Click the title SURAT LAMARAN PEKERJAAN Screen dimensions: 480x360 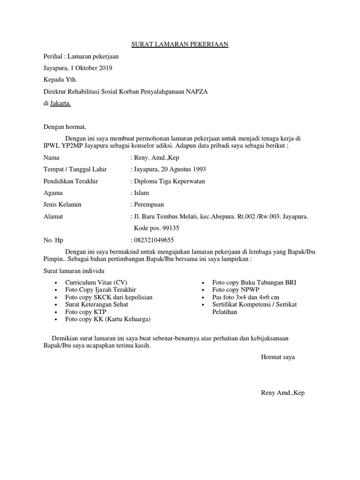180,45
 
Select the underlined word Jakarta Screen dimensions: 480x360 61,104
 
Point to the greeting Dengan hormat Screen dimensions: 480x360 65,127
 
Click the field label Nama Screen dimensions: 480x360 52,158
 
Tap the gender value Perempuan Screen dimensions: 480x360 149,205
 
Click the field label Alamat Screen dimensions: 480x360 53,217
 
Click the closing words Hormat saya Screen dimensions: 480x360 278,357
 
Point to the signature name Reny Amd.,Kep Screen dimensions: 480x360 283,393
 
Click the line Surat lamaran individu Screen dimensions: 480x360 74,271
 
